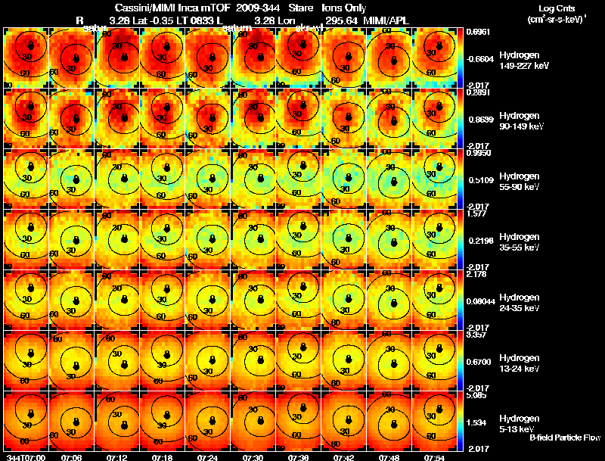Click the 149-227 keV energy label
point(519,66)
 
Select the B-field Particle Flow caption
point(564,438)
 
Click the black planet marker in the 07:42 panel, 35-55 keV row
point(346,240)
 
